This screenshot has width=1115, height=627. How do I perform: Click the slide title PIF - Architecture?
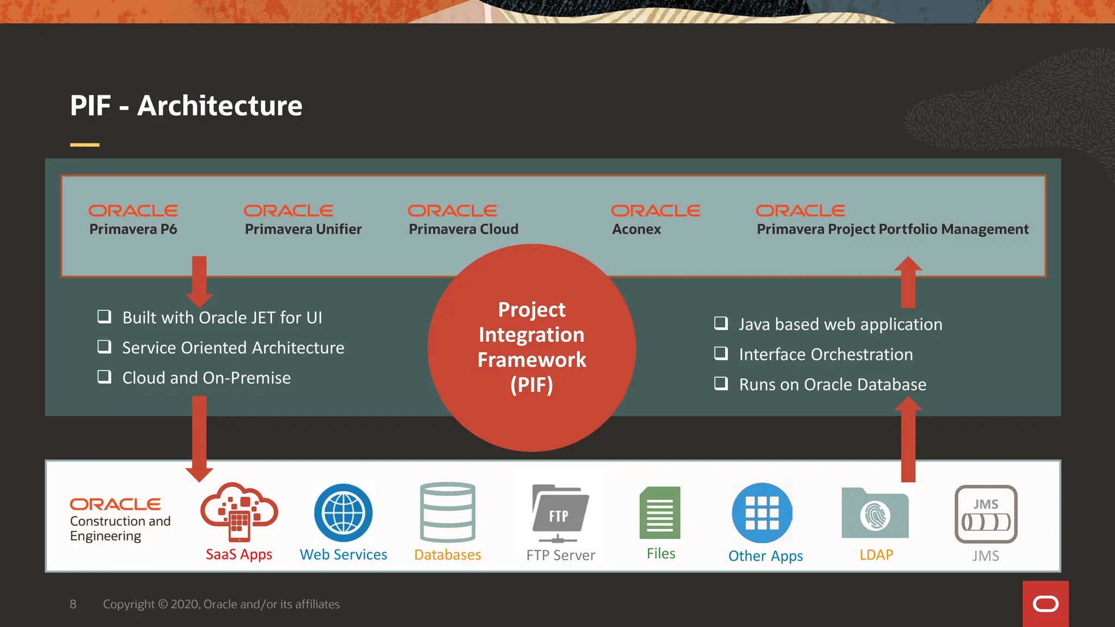click(x=186, y=106)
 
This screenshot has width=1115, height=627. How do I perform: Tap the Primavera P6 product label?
click(x=133, y=229)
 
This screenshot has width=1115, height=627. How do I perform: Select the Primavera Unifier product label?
click(x=303, y=229)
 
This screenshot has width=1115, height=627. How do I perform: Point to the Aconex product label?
click(x=636, y=229)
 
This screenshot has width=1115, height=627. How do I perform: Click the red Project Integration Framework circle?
click(x=531, y=348)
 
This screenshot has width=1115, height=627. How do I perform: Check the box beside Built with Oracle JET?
click(x=104, y=316)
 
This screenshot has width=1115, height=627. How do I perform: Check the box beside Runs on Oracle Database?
click(x=721, y=384)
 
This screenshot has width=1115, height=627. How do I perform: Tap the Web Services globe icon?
click(x=344, y=513)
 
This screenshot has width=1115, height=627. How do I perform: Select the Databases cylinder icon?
click(x=448, y=512)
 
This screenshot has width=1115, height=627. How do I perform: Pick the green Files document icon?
click(x=660, y=513)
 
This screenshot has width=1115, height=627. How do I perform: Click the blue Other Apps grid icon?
click(x=762, y=513)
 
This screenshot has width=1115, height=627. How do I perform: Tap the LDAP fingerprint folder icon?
click(x=875, y=513)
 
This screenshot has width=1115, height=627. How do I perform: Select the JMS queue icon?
click(x=985, y=514)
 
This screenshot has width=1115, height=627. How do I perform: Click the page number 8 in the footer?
click(x=73, y=604)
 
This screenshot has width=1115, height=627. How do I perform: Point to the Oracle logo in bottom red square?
click(x=1045, y=604)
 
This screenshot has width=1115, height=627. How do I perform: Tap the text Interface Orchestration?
click(x=825, y=354)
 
